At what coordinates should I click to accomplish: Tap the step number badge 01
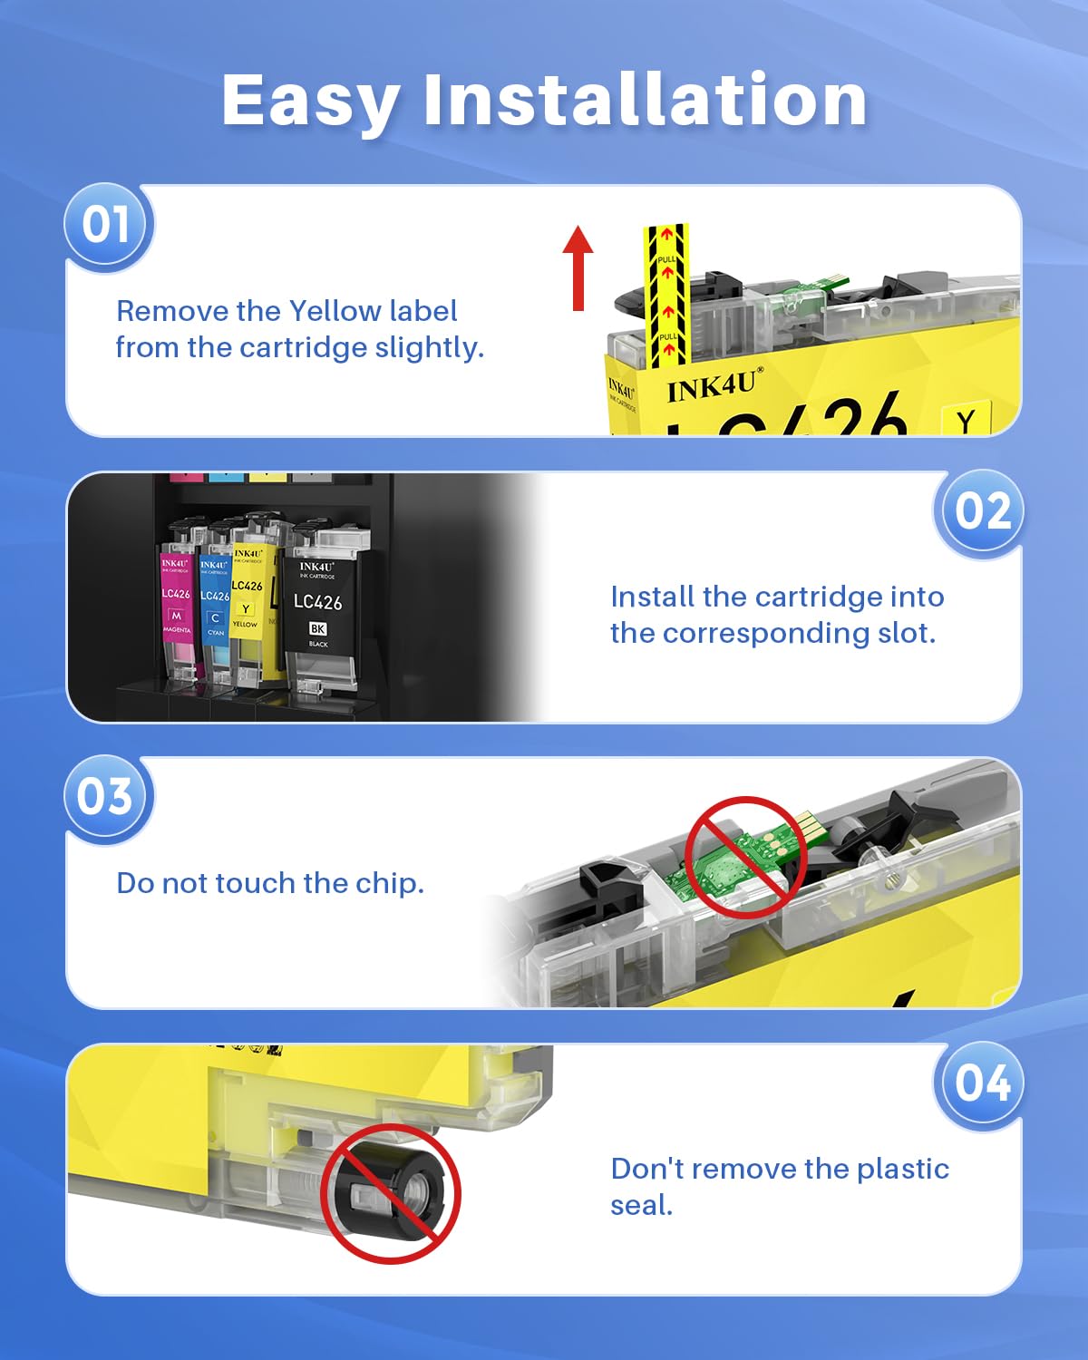coord(107,225)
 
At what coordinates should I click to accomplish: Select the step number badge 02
coord(982,511)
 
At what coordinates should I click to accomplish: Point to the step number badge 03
coord(105,797)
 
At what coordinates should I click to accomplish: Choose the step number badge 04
coord(982,1083)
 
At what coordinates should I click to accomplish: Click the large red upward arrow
coord(578,267)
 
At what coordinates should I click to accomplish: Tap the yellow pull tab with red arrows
coord(666,290)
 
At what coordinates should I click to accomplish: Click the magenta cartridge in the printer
coord(177,607)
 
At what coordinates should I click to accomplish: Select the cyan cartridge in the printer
coord(215,607)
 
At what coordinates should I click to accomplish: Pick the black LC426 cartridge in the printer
coord(318,607)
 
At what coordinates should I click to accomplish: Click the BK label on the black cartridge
coord(317,628)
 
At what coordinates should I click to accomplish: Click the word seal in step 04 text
coord(641,1206)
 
